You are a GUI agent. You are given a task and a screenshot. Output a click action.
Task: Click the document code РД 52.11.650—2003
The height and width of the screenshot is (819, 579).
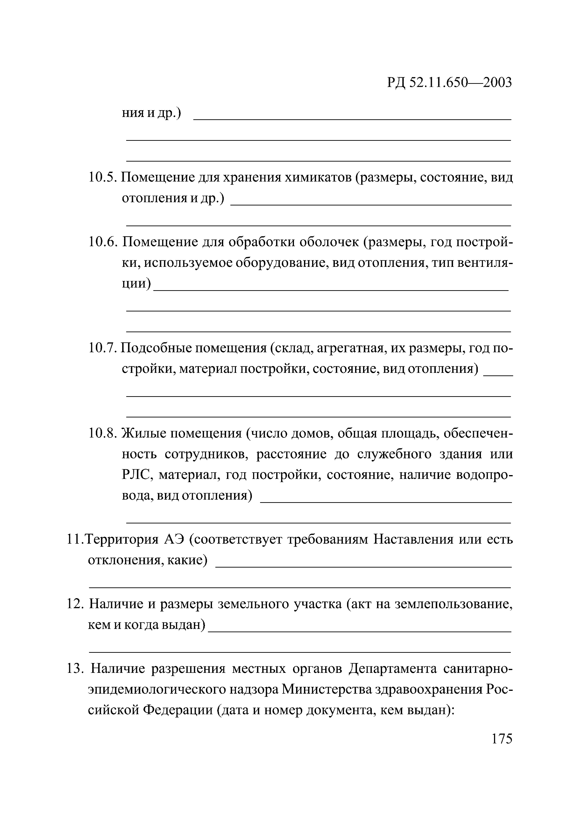click(x=449, y=82)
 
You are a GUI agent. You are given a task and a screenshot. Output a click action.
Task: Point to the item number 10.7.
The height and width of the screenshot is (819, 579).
click(x=102, y=348)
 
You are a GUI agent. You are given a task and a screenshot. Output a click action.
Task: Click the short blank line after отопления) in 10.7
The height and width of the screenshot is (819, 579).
click(x=498, y=374)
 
